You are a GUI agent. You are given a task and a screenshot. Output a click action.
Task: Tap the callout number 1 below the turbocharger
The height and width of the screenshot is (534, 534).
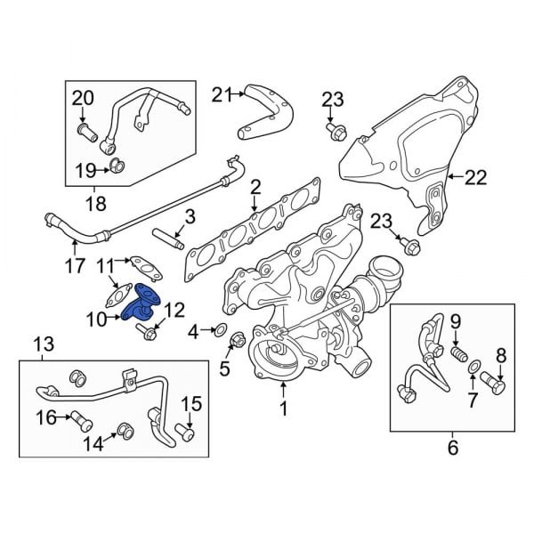[x=284, y=410]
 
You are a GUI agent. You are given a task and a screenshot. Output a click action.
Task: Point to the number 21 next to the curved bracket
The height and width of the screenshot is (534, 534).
[x=221, y=93]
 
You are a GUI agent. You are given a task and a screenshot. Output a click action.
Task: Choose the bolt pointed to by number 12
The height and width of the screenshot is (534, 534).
[x=146, y=334]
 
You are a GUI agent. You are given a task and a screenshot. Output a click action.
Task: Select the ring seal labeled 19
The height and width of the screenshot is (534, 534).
[x=116, y=166]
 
